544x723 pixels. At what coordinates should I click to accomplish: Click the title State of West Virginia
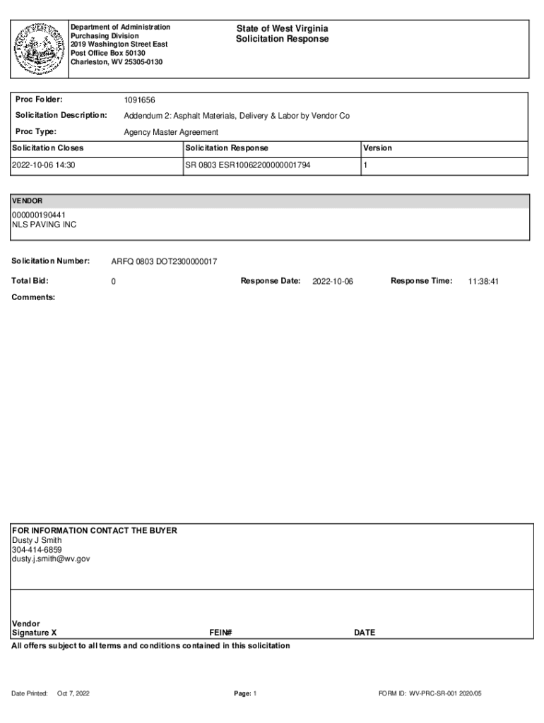(x=282, y=28)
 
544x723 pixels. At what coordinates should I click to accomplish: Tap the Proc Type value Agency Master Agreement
(x=171, y=132)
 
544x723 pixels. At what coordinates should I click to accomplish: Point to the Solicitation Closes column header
(x=48, y=148)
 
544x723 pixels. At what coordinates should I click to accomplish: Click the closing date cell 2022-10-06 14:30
(x=44, y=165)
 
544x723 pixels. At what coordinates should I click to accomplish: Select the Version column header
(x=377, y=148)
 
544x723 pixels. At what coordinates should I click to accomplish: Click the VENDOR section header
(x=27, y=201)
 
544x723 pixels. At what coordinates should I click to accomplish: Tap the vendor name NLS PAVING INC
(x=44, y=225)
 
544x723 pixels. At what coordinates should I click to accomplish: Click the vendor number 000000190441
(x=40, y=215)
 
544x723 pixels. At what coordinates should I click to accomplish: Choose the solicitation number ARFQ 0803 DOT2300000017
(x=164, y=262)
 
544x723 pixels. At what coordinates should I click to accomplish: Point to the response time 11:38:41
(x=483, y=282)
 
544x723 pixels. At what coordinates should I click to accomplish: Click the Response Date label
(x=271, y=281)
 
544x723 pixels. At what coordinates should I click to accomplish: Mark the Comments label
(x=33, y=297)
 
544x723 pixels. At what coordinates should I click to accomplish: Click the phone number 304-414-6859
(x=37, y=549)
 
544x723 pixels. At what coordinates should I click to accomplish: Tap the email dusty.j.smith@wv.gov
(x=51, y=558)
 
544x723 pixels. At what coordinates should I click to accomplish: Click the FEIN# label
(x=220, y=633)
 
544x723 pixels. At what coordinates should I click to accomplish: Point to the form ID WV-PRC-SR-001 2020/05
(x=430, y=693)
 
